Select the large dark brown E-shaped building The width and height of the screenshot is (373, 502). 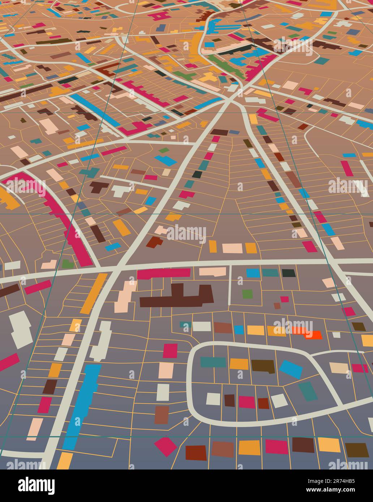[177, 297]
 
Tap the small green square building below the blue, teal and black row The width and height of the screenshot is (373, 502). [247, 294]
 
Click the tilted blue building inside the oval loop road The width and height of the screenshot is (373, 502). [291, 369]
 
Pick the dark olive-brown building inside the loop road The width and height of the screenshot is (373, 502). [263, 366]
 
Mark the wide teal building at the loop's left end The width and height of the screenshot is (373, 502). [213, 362]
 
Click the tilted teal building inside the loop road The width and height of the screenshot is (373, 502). [308, 391]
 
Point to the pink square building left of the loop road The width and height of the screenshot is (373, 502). [170, 351]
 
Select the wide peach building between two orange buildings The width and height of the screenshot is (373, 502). [232, 248]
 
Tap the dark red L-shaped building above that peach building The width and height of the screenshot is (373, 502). [154, 242]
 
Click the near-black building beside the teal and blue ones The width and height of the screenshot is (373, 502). [288, 273]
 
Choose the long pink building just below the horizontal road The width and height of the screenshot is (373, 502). [163, 273]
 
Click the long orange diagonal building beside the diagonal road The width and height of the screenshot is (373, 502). [94, 293]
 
